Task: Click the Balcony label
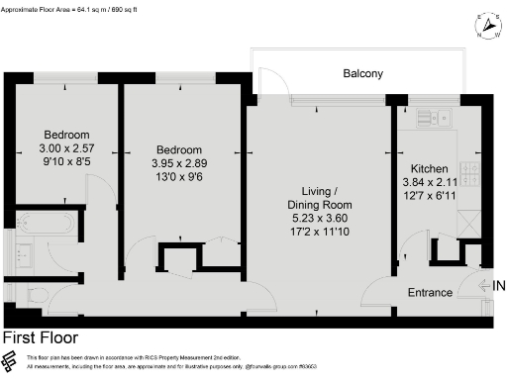(x=362, y=73)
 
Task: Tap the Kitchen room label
(x=428, y=169)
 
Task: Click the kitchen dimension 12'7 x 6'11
(x=428, y=195)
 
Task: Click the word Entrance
(x=430, y=293)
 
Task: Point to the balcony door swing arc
(x=268, y=79)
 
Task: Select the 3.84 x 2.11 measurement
(x=428, y=182)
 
